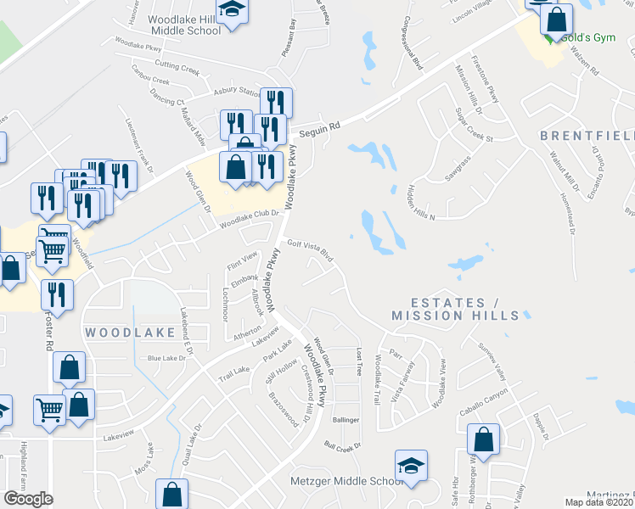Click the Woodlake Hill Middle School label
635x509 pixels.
click(184, 24)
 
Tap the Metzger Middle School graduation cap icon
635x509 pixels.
click(411, 466)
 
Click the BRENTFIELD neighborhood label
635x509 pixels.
click(587, 136)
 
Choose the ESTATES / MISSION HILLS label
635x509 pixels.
click(454, 309)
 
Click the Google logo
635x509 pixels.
click(28, 499)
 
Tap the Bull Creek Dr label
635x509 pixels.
click(342, 445)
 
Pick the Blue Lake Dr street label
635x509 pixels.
click(166, 359)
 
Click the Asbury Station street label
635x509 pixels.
click(237, 92)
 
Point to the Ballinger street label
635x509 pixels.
click(346, 420)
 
